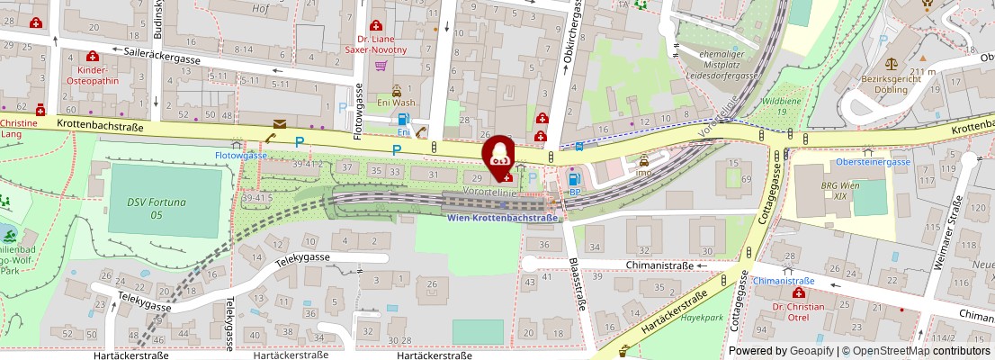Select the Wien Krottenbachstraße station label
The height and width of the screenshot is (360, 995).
click(503, 217)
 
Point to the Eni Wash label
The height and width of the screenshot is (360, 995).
click(396, 103)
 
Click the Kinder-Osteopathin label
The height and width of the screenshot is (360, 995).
click(93, 75)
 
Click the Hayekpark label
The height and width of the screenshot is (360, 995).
click(703, 318)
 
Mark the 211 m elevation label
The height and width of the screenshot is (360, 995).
click(923, 72)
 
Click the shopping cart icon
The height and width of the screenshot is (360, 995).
click(381, 65)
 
